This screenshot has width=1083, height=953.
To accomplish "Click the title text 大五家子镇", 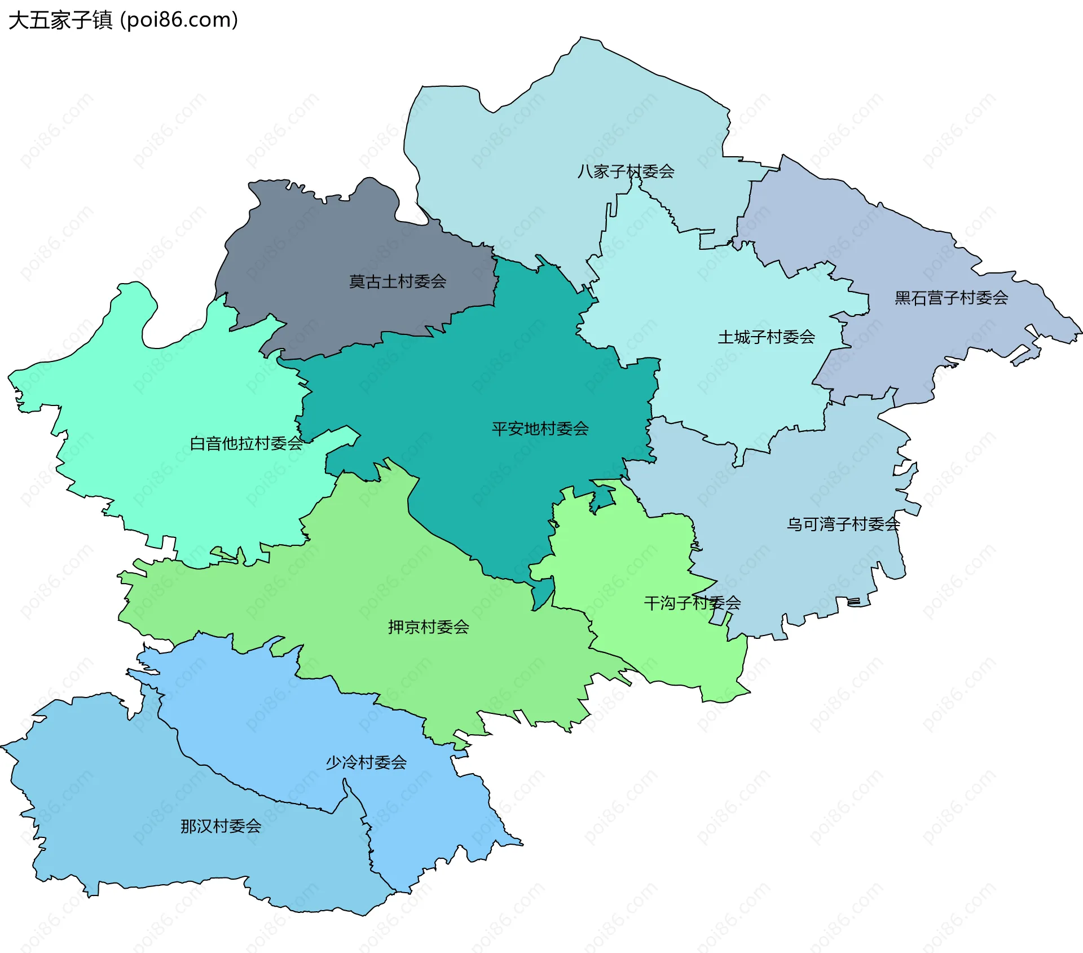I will click(61, 20).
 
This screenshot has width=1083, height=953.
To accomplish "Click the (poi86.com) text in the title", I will click(179, 20).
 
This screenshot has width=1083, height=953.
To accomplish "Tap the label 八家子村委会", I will click(626, 171).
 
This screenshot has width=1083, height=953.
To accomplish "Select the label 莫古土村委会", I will click(398, 281).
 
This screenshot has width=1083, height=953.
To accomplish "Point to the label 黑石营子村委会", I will click(951, 298).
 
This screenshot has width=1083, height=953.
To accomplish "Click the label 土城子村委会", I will click(766, 337).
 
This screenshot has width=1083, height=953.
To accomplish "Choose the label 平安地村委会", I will click(540, 429).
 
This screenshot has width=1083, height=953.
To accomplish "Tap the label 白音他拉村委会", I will click(246, 444).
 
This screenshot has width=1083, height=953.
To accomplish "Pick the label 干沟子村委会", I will click(692, 603).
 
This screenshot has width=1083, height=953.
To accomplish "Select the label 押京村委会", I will click(429, 627).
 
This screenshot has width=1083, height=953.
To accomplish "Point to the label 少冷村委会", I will click(366, 763).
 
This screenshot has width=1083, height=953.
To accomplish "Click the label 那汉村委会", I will click(221, 827).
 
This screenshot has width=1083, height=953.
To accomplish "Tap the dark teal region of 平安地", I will click(479, 383).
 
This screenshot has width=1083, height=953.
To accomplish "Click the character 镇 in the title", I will click(102, 20).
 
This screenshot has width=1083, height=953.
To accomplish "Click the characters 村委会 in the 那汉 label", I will click(237, 827).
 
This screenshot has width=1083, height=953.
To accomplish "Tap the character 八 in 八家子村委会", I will click(585, 171).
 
